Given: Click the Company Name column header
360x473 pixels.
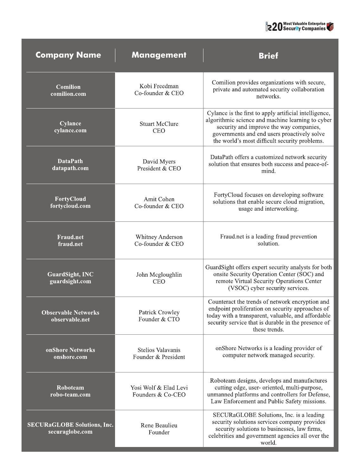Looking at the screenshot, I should pos(68,55).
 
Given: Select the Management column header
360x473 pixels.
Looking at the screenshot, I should pos(159,55).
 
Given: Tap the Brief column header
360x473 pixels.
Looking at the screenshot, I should pos(268,56).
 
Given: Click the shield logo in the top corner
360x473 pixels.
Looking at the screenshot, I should pos(330,27).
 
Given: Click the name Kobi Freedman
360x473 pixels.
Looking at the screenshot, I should pos(159,86).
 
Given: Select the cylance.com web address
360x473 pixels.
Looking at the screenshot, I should pos(70,130).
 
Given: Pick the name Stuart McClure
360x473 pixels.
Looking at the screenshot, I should pos(159,124).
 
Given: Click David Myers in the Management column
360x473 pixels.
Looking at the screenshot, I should pos(159,161).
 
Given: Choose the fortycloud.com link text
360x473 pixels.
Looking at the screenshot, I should pos(70,206).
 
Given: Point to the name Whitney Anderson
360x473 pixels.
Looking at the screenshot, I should pos(159,237).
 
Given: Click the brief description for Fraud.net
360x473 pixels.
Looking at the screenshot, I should pos(268,240).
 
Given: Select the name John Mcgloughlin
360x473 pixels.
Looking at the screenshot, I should pos(159,275).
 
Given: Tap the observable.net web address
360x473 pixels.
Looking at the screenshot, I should pos(70,319).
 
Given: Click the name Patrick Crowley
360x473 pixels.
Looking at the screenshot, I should pos(159,312).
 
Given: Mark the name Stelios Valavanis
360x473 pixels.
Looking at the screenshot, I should pos(159,350).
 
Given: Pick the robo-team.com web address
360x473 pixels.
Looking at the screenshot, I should pos(70,395).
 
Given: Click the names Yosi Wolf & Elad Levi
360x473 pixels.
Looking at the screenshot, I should pos(159,388).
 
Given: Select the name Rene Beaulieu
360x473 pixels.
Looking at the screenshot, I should pos(159,425).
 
